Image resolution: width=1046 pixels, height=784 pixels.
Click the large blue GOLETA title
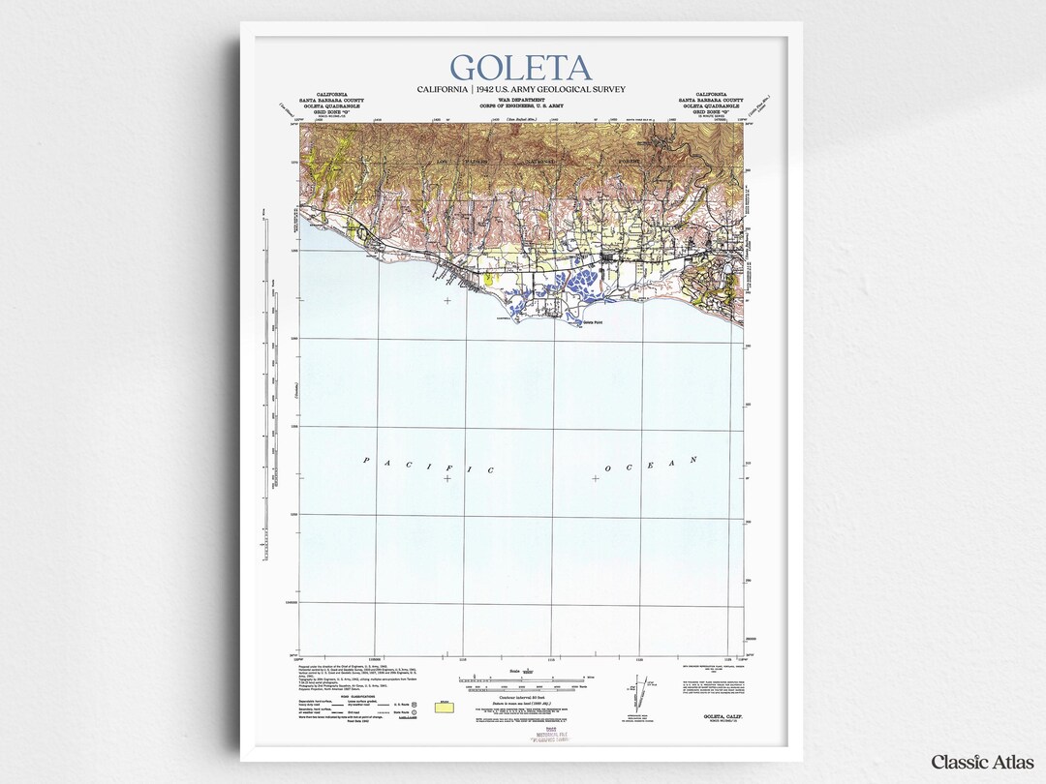point(521,69)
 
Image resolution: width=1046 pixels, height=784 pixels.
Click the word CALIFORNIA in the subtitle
point(444,89)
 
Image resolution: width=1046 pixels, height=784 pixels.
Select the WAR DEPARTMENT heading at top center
point(521,100)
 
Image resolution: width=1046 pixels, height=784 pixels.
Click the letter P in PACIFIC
point(366,460)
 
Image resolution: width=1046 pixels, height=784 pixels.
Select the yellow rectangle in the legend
point(445,709)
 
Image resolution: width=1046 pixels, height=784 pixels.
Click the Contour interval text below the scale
point(521,697)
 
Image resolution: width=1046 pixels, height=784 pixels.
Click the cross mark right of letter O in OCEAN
point(595,478)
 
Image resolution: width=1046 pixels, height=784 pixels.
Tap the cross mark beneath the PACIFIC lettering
point(446,478)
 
